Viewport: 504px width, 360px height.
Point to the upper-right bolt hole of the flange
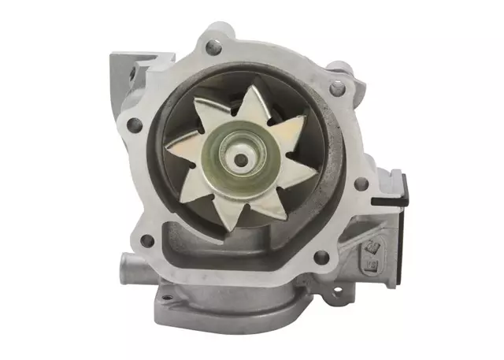337,89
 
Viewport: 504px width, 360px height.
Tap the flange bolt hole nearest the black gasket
361,184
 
